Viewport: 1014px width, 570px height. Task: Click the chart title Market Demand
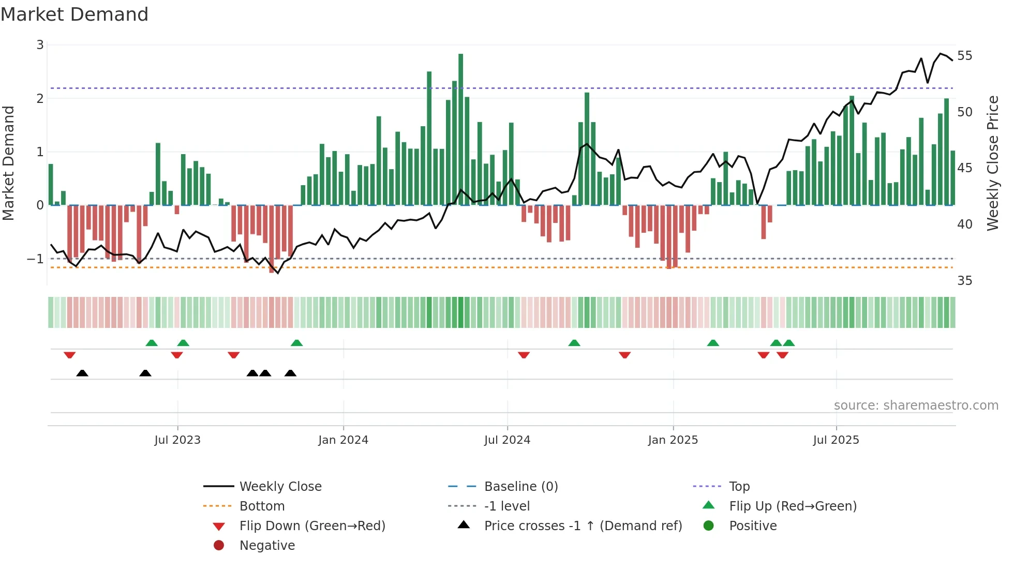coord(74,14)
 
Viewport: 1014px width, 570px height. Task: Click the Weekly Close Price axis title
coord(992,163)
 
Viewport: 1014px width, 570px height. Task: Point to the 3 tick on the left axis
coord(40,45)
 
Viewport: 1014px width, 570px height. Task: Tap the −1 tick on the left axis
coord(36,259)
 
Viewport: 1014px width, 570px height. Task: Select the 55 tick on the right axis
coord(964,56)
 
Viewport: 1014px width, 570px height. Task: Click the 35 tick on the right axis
coord(964,281)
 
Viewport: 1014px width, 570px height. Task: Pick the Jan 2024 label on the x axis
coord(343,440)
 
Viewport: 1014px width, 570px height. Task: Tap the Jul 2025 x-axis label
coord(836,440)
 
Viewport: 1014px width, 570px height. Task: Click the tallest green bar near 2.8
coord(460,129)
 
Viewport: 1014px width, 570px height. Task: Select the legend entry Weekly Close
coord(280,487)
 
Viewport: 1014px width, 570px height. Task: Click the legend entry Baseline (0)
coord(520,487)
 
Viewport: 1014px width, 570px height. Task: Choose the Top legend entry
coord(739,487)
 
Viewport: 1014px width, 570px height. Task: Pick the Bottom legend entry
coord(262,506)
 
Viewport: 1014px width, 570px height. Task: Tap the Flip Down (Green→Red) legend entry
coord(312,526)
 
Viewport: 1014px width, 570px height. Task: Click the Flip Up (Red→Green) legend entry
coord(793,506)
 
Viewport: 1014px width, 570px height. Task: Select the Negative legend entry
coord(267,546)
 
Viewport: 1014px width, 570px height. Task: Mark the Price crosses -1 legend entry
coord(583,526)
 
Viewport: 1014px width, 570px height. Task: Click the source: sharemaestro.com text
coord(916,406)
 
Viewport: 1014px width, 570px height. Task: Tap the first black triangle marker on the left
coord(82,373)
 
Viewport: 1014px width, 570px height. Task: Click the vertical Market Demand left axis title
coord(8,163)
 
